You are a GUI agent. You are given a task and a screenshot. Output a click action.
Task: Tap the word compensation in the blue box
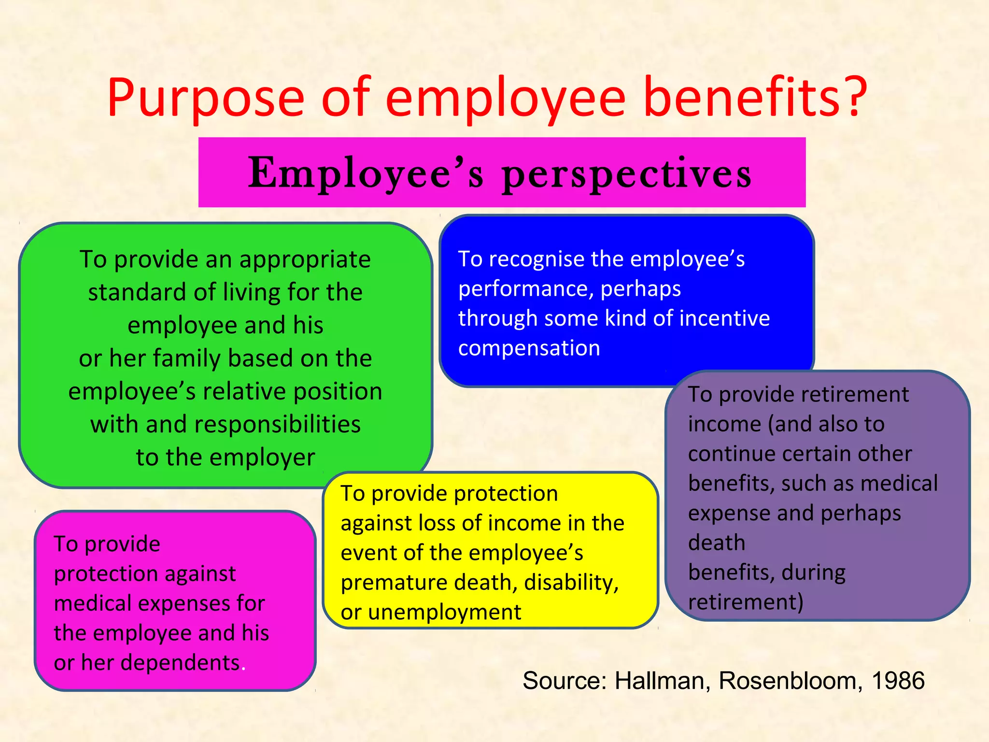529,348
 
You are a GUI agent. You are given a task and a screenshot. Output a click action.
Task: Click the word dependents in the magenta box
180,663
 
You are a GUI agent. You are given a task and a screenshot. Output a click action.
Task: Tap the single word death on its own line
716,543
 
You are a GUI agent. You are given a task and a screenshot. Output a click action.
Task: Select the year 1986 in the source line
898,681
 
